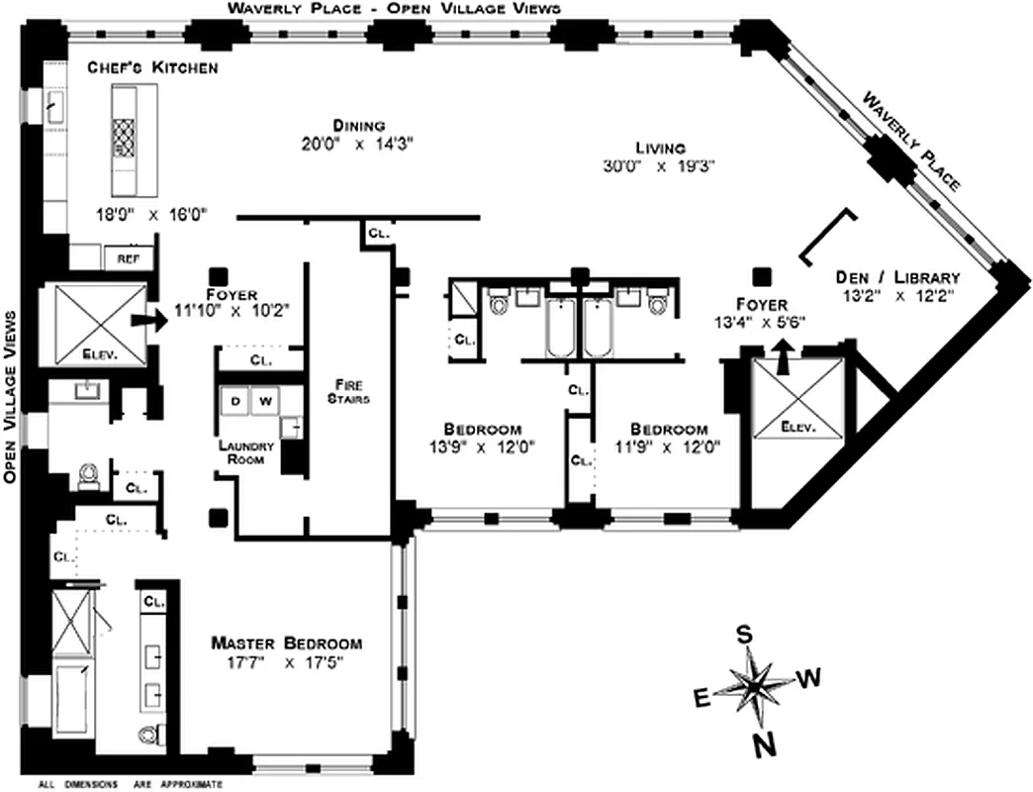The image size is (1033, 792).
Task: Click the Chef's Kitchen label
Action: coord(152,67)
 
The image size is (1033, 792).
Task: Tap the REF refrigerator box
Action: coord(129,258)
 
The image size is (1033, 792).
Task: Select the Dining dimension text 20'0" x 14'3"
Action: coord(358,145)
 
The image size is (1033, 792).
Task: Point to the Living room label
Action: coord(660,148)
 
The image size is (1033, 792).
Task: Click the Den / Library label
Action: coord(897,277)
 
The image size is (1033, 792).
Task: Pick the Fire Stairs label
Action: coord(348,391)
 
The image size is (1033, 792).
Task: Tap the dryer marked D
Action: coord(235,401)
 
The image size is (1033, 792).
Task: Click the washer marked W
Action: coord(265,401)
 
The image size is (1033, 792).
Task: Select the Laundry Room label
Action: coord(245,452)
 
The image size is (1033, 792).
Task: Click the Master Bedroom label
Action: coord(287,643)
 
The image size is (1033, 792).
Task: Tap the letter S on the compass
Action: coord(744,635)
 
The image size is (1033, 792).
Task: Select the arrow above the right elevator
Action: coord(783,356)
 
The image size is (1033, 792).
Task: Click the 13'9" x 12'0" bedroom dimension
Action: coord(482,447)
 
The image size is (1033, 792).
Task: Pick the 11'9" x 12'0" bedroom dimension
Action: coord(667,447)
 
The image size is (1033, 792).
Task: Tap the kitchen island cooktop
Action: coord(124,139)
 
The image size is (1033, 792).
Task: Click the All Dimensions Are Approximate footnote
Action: coord(131,785)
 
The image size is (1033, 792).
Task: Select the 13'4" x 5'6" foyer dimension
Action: coord(760,323)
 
